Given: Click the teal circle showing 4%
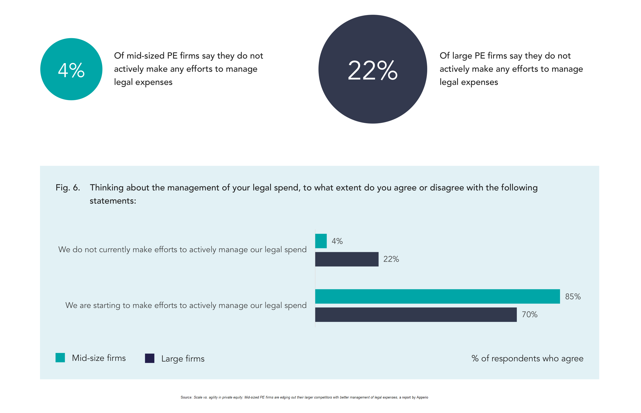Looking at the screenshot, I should pos(71,69).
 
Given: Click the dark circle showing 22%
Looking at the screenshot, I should pos(372,69).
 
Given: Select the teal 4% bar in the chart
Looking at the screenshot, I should pos(321,241).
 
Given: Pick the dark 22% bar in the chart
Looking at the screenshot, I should pos(346,259).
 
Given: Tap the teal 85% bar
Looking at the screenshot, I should pos(437,296).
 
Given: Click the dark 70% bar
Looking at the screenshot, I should pos(416,315).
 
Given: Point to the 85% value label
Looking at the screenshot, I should pos(573,296).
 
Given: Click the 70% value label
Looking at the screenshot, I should pos(529,314).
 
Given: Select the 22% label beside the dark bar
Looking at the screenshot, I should pos(391,259).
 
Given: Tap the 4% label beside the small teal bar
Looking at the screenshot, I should pos(337,241).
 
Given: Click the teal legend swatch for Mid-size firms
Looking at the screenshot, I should pos(60,357).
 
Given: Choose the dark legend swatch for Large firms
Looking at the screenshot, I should pos(149,358).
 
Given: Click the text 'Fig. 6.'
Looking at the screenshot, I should pos(68,187).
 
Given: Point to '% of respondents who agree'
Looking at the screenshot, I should pos(527,358).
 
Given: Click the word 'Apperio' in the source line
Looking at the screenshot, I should pos(422,397).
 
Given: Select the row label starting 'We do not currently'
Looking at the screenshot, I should pos(182,250).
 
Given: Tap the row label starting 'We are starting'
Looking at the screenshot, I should pos(186,305).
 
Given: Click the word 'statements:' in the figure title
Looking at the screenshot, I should pos(113,201).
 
